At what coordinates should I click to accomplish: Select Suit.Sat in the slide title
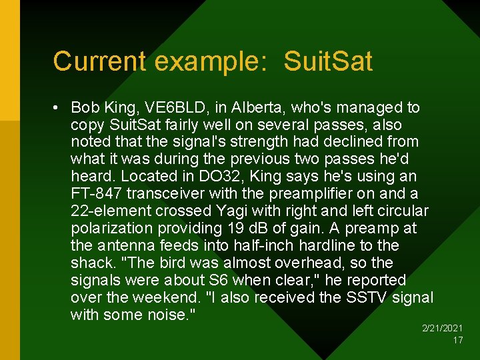pos(328,61)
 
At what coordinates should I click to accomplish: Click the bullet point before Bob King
pos(59,107)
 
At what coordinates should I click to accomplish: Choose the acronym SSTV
pos(368,298)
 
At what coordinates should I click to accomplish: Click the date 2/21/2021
pos(443,329)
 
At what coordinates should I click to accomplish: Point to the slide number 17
pos(457,340)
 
